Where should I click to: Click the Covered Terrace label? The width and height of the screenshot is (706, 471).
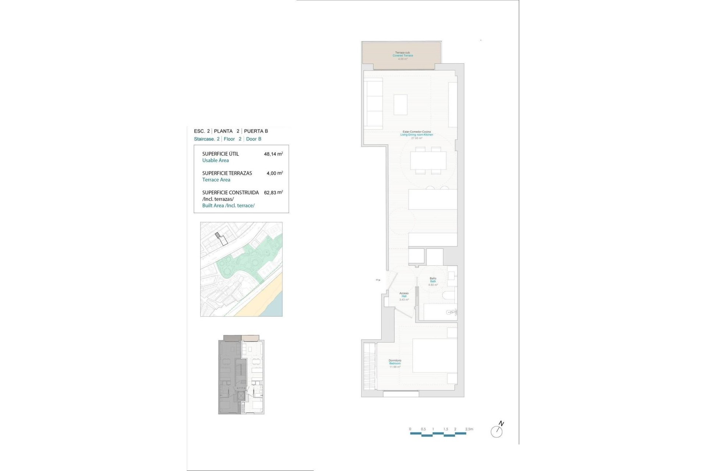(403, 56)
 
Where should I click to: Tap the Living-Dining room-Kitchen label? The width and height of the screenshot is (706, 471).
(417, 135)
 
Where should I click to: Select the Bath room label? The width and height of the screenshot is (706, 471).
(433, 281)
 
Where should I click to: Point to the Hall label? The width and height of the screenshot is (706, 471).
(404, 296)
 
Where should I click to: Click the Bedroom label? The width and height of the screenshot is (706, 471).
(395, 364)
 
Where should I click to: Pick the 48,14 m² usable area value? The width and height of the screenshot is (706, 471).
(273, 154)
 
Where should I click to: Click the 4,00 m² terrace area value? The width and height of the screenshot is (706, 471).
(274, 173)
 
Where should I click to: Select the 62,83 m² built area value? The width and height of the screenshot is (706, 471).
(273, 192)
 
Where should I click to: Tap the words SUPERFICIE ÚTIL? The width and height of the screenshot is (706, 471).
(220, 154)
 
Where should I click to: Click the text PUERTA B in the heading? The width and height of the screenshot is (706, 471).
(256, 131)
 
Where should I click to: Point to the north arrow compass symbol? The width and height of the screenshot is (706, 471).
(497, 431)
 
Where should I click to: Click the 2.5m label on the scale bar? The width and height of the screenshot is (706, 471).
(469, 429)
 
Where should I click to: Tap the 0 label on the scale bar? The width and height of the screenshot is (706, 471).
(410, 429)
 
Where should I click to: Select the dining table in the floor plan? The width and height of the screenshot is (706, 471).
(428, 160)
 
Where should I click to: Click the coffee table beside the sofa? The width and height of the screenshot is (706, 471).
(400, 105)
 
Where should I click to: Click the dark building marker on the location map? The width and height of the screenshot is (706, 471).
(218, 235)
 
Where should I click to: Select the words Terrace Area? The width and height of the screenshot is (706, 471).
(216, 180)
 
